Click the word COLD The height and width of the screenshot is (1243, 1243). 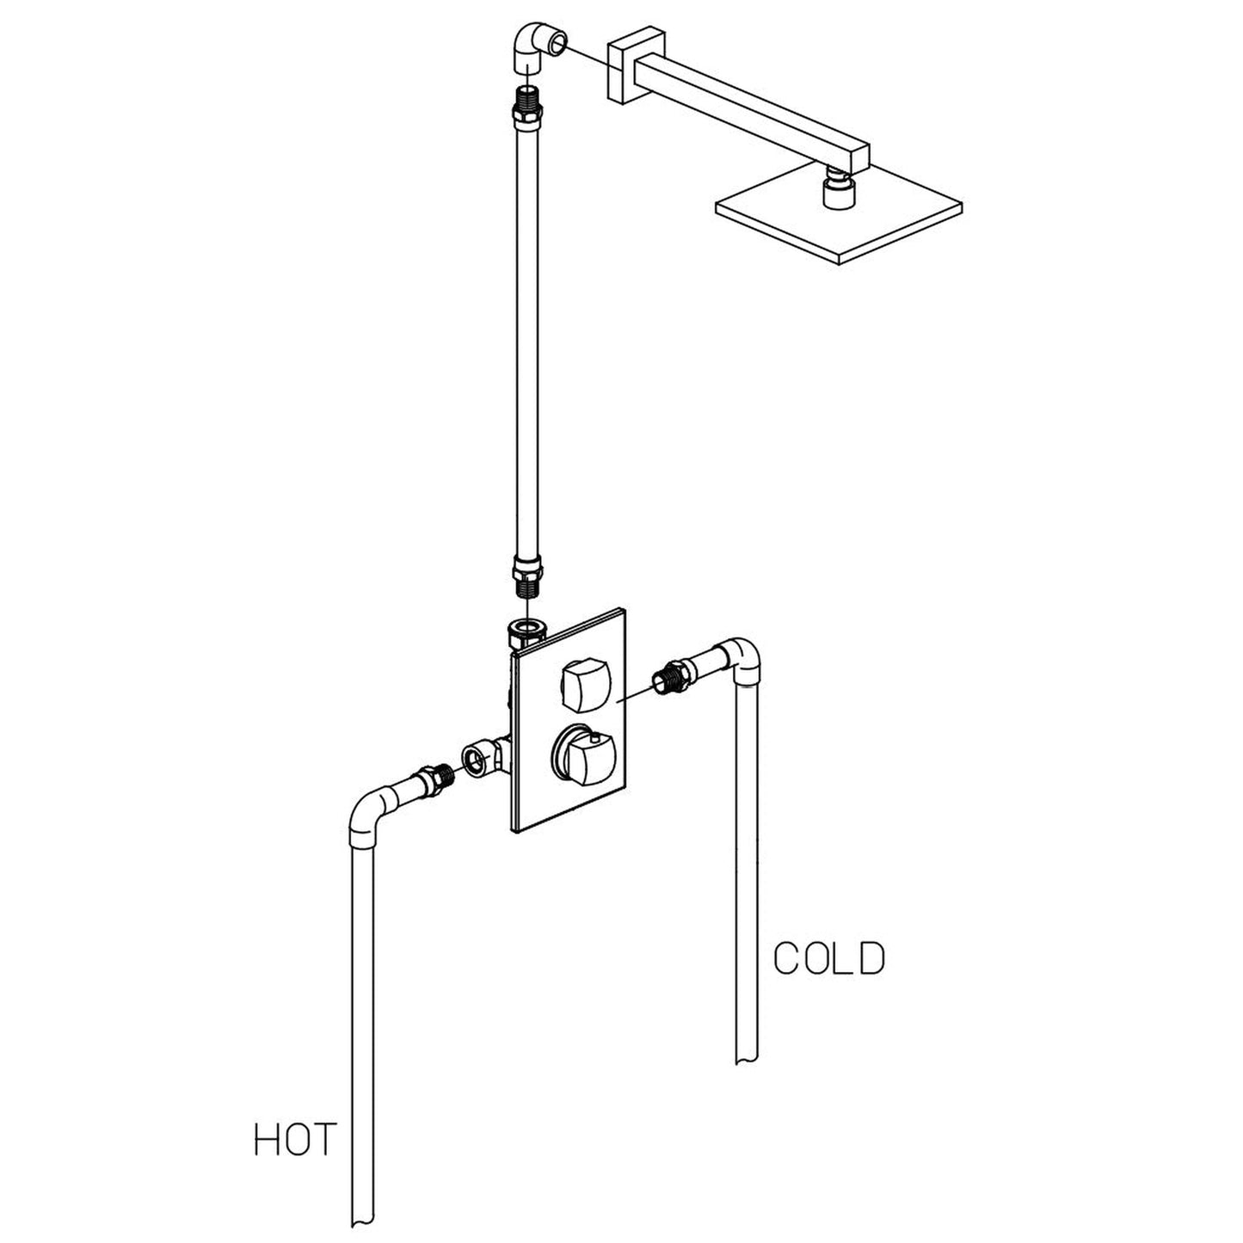point(828,958)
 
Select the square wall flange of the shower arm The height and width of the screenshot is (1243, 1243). point(625,71)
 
